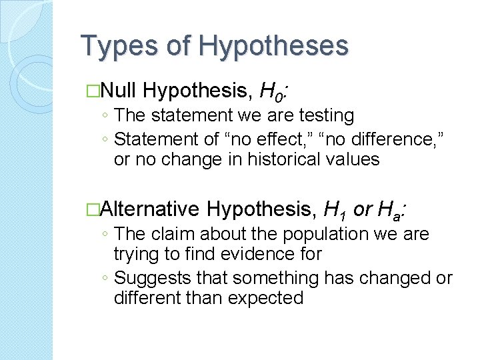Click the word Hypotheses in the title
point(273,46)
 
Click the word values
point(354,159)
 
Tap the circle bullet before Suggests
point(106,278)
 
